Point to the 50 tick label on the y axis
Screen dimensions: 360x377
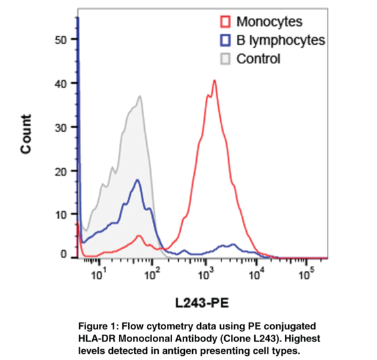[61, 39]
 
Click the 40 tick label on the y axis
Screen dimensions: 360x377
[61, 83]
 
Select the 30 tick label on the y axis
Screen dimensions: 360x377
[61, 127]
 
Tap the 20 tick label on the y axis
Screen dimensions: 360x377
[61, 171]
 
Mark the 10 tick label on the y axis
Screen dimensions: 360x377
[61, 215]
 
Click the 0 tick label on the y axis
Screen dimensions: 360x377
[64, 255]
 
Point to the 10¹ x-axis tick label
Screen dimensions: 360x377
[99, 274]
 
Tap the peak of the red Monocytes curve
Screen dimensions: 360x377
[214, 81]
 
